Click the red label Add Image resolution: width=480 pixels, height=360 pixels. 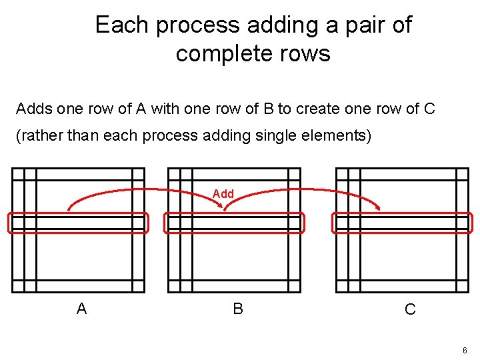[x=223, y=194]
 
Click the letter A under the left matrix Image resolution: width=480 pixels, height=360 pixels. [x=81, y=309]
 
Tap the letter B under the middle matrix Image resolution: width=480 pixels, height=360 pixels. [x=238, y=309]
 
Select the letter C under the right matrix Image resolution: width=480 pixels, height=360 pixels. [x=410, y=309]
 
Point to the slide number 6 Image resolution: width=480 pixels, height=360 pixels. [x=464, y=351]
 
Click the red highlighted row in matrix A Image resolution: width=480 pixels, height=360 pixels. [x=78, y=223]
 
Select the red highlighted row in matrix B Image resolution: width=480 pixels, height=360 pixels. [x=234, y=223]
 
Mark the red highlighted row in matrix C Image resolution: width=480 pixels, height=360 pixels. [x=403, y=223]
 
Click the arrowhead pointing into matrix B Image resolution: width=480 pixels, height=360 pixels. [x=226, y=209]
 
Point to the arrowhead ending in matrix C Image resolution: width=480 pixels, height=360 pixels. [x=379, y=209]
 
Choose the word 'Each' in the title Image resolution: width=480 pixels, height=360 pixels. [x=120, y=25]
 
